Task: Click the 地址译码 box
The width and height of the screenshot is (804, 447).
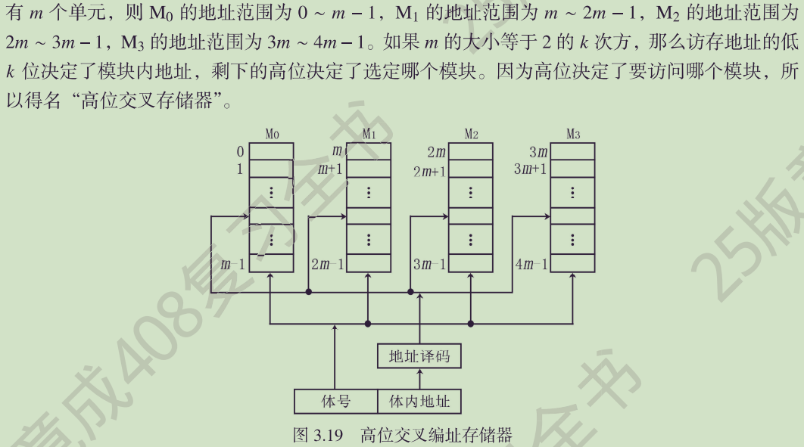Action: point(419,355)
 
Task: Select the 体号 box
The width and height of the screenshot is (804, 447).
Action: point(335,401)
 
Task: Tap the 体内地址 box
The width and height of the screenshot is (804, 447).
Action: point(419,401)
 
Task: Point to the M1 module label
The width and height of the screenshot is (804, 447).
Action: point(369,135)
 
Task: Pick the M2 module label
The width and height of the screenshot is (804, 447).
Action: point(471,135)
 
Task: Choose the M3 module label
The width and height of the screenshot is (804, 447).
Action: point(573,135)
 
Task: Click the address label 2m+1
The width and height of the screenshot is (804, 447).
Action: point(429,172)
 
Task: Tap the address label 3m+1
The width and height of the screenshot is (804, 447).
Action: point(530,169)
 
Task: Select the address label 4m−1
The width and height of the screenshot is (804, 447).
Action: point(531,264)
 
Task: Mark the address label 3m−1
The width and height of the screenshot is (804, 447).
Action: point(429,264)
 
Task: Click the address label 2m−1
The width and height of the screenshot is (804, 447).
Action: point(327,264)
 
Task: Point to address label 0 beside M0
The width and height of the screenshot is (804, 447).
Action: point(240,151)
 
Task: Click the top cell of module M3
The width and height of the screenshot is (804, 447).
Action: point(572,151)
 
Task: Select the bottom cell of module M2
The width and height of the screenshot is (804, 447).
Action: point(471,263)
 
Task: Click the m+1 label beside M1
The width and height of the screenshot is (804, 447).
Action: point(331,169)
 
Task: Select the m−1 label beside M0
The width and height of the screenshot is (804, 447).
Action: point(233,264)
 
